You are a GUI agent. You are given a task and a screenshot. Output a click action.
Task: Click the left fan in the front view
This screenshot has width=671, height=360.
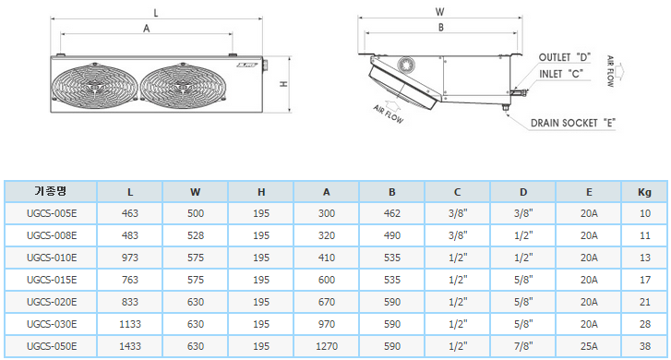click(x=94, y=87)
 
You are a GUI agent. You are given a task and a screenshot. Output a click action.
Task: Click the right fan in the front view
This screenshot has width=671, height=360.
click(x=184, y=87)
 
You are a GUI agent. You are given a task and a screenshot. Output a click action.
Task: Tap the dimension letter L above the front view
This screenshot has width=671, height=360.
click(x=156, y=13)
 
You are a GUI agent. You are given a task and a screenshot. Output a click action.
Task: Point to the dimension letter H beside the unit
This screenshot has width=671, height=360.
click(x=283, y=84)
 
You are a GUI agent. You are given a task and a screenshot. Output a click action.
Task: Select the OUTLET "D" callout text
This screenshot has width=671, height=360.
click(x=565, y=57)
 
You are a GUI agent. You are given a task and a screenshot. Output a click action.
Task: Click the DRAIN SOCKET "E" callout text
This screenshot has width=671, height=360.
click(x=573, y=124)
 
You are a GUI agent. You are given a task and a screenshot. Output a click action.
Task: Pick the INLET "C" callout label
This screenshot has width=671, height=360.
click(x=561, y=74)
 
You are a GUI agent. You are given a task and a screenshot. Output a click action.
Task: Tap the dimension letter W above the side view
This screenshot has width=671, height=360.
click(x=440, y=12)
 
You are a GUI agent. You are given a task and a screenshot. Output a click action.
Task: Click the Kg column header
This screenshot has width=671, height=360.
click(x=644, y=192)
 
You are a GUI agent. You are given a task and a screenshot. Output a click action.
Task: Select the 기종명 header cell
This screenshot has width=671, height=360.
click(x=51, y=191)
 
